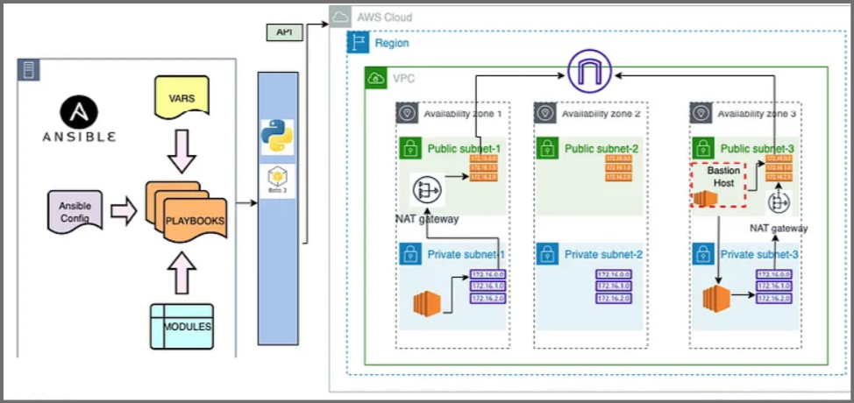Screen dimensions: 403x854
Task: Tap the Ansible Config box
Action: tap(75, 211)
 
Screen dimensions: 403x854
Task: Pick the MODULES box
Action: tap(182, 325)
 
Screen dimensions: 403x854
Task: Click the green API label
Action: tap(284, 32)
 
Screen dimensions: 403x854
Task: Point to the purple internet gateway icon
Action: tap(589, 73)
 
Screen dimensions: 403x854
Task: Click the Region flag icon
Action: tap(357, 42)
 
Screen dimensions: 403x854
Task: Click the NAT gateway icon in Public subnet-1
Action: tap(426, 187)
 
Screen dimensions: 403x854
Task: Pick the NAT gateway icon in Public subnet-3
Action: tap(779, 203)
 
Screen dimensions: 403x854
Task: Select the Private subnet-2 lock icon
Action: tap(546, 255)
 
